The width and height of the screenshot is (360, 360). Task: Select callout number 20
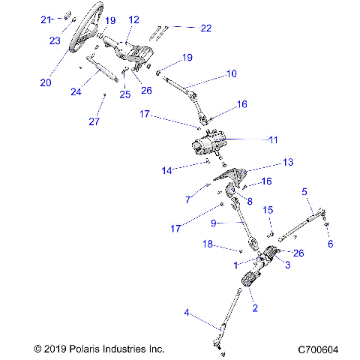[46, 82]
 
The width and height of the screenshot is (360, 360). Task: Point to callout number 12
[134, 19]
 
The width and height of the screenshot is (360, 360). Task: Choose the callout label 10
[231, 73]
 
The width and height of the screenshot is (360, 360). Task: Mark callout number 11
[274, 139]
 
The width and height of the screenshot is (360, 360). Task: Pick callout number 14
[167, 171]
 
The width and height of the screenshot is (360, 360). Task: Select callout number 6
[331, 243]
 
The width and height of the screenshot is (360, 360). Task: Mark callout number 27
[94, 121]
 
